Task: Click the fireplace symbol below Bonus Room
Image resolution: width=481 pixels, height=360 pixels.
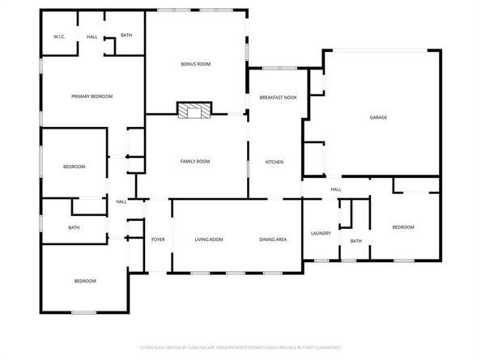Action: pyautogui.click(x=194, y=111)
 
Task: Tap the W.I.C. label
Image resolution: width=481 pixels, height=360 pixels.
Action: pyautogui.click(x=59, y=36)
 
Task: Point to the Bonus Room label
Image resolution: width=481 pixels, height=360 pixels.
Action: pyautogui.click(x=195, y=64)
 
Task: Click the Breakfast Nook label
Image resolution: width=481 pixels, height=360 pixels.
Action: pyautogui.click(x=278, y=97)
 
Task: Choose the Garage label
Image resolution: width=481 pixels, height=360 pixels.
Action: pyautogui.click(x=378, y=117)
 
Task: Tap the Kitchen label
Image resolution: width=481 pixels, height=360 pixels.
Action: pyautogui.click(x=275, y=162)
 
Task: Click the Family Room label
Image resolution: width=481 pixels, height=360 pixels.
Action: pyautogui.click(x=194, y=162)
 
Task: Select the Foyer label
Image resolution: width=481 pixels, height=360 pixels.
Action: pyautogui.click(x=158, y=239)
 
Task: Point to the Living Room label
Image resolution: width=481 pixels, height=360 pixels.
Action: pyautogui.click(x=209, y=239)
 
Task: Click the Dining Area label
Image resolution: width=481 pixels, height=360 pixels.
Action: pyautogui.click(x=273, y=239)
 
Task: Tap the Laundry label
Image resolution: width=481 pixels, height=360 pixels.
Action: pyautogui.click(x=321, y=234)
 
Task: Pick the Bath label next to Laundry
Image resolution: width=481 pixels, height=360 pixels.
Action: pyautogui.click(x=356, y=241)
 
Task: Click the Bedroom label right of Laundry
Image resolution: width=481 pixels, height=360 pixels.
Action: pyautogui.click(x=403, y=227)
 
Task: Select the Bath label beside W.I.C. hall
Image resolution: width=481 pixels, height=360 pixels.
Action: pyautogui.click(x=126, y=35)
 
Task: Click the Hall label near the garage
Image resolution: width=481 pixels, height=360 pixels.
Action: pyautogui.click(x=335, y=189)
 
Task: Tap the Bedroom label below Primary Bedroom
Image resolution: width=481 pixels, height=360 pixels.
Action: pyautogui.click(x=74, y=167)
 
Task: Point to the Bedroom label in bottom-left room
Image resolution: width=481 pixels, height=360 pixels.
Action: pyautogui.click(x=85, y=281)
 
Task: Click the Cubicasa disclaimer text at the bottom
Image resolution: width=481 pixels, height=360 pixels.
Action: pyautogui.click(x=240, y=347)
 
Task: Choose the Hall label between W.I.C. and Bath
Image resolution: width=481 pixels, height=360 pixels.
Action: pyautogui.click(x=92, y=36)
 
